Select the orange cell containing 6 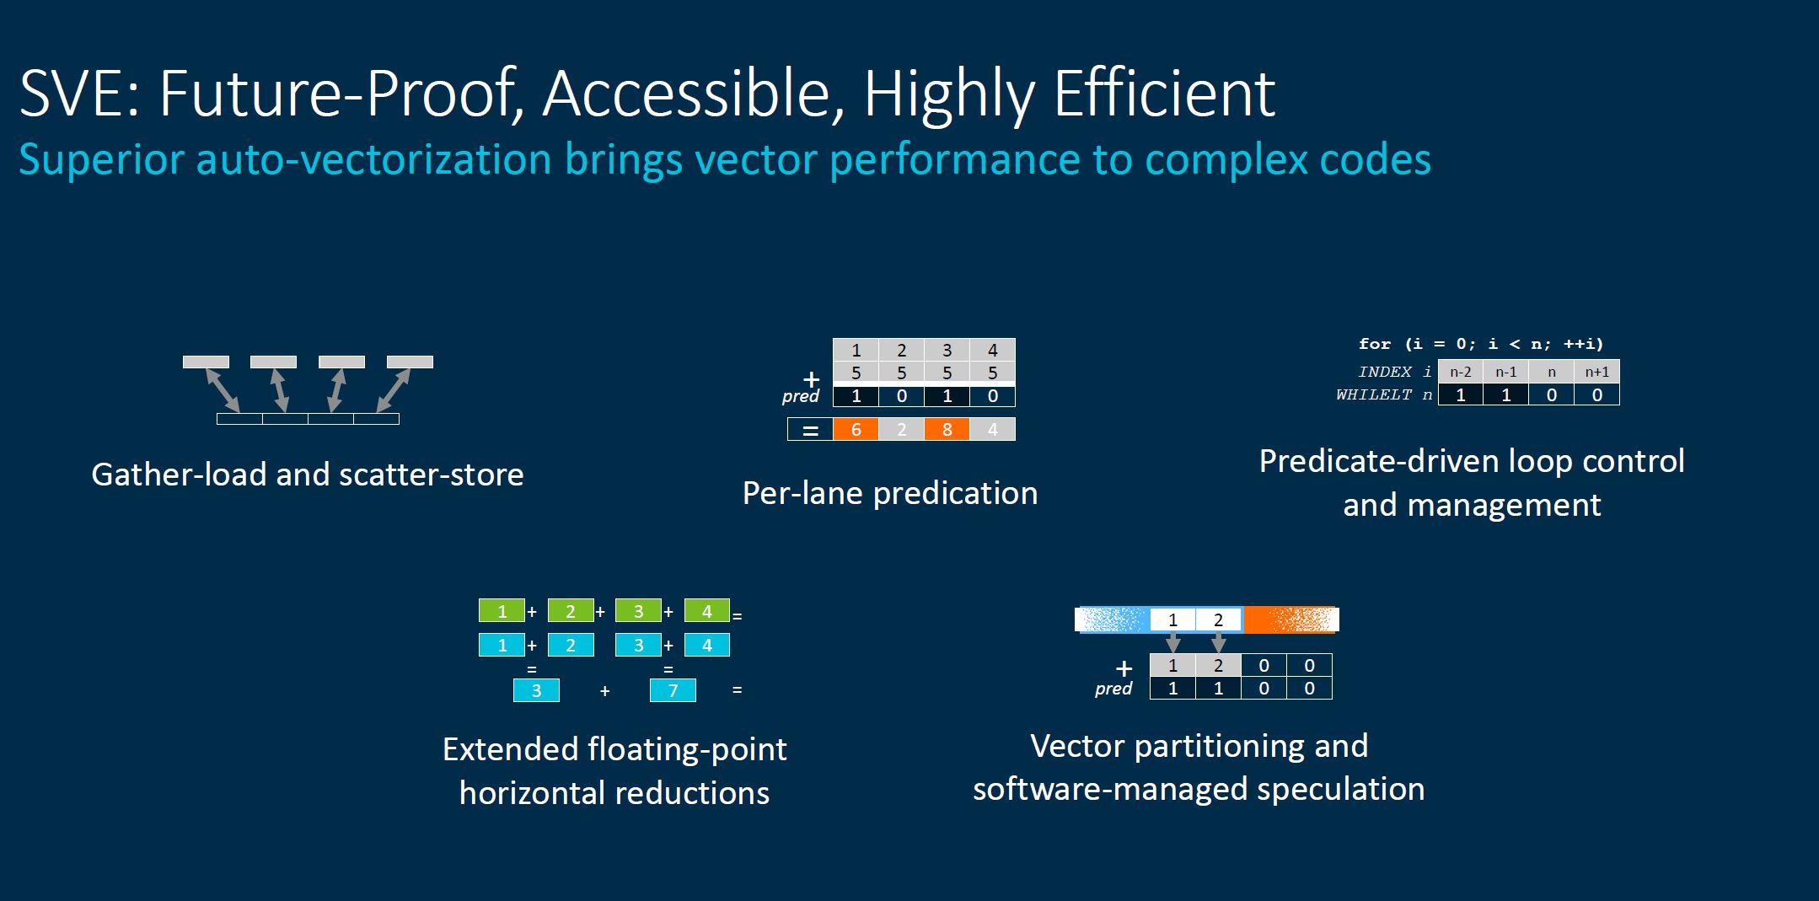[x=856, y=429]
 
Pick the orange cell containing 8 [x=947, y=429]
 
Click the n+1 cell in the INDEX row [x=1596, y=372]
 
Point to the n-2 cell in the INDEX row [x=1460, y=372]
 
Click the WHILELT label [x=1373, y=394]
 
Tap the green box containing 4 [x=707, y=610]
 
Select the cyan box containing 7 [x=673, y=691]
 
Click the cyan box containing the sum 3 [x=536, y=691]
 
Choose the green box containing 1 [x=502, y=610]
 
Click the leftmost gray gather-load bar [x=206, y=362]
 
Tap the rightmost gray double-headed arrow [x=393, y=390]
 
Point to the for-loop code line [x=1481, y=344]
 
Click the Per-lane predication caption [x=890, y=493]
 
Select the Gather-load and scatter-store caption [x=308, y=475]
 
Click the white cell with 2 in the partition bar [x=1218, y=620]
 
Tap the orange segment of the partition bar [x=1290, y=620]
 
